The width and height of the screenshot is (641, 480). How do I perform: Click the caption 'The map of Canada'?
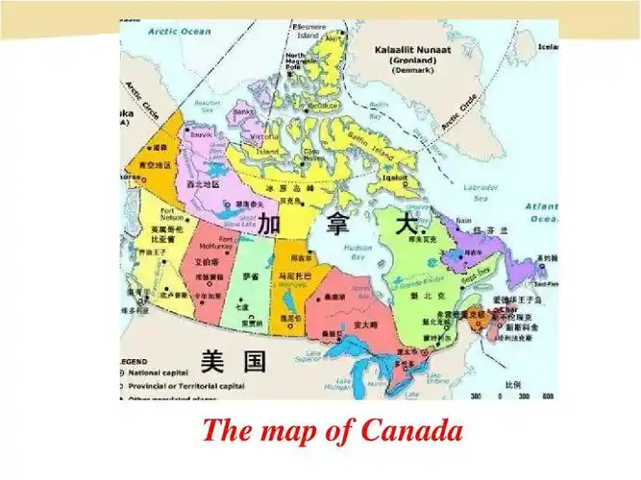[333, 430]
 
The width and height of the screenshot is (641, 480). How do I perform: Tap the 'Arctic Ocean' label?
[180, 31]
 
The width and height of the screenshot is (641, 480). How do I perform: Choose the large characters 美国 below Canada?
[234, 361]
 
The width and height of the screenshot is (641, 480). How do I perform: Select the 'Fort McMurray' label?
[228, 243]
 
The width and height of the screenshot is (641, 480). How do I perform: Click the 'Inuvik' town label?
[201, 135]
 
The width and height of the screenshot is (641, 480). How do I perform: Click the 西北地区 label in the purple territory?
[204, 183]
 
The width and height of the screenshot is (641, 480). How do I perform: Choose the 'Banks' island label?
[244, 111]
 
